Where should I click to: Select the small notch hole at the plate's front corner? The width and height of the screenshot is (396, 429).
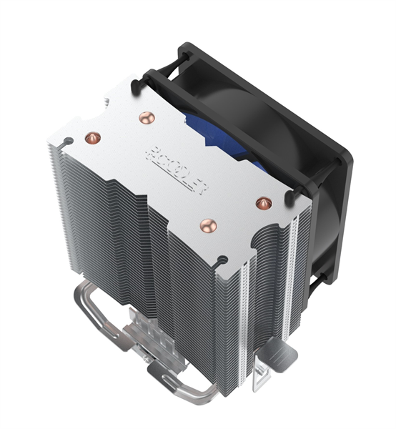tap(223, 256)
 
